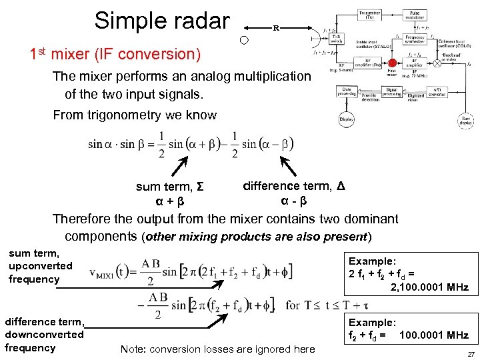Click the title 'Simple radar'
click(x=161, y=21)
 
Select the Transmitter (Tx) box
click(x=369, y=15)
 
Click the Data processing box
click(x=348, y=93)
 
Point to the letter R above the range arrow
click(x=275, y=29)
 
